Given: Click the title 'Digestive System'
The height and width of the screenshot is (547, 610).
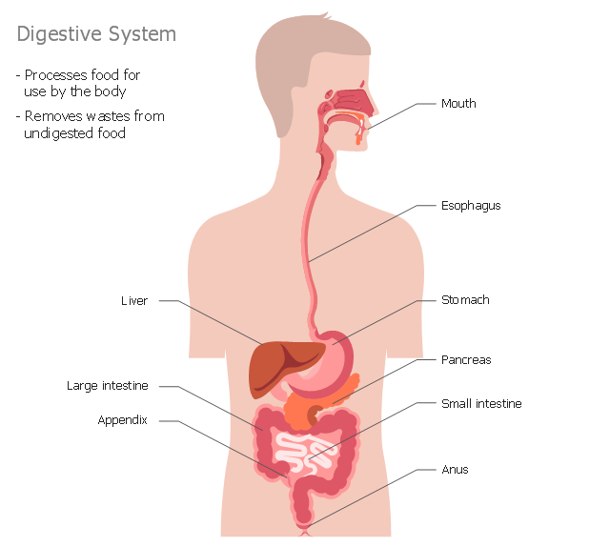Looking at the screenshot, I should coord(96,34).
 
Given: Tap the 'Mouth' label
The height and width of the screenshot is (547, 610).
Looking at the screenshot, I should coord(458,103).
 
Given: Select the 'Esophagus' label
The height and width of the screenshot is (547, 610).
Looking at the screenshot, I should coord(471,206).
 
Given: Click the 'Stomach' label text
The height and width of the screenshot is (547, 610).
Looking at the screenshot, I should coord(465,300).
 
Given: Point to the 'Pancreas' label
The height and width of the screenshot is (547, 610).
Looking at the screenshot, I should coord(466,360).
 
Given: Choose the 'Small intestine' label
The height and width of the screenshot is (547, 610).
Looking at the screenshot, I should coord(481,404).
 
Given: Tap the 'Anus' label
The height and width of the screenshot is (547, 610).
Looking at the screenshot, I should coord(455,470).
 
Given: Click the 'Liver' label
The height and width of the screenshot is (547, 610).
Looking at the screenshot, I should coord(134,301).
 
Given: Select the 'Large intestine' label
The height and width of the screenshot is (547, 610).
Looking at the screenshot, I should coord(108,386).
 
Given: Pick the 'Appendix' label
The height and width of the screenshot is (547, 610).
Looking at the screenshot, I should coord(123,420).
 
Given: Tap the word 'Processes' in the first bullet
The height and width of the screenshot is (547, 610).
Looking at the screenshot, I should coord(55,74).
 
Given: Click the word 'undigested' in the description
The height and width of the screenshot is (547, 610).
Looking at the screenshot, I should coord(58,133).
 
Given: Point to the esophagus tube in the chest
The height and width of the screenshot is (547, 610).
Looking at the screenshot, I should coord(307,229).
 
